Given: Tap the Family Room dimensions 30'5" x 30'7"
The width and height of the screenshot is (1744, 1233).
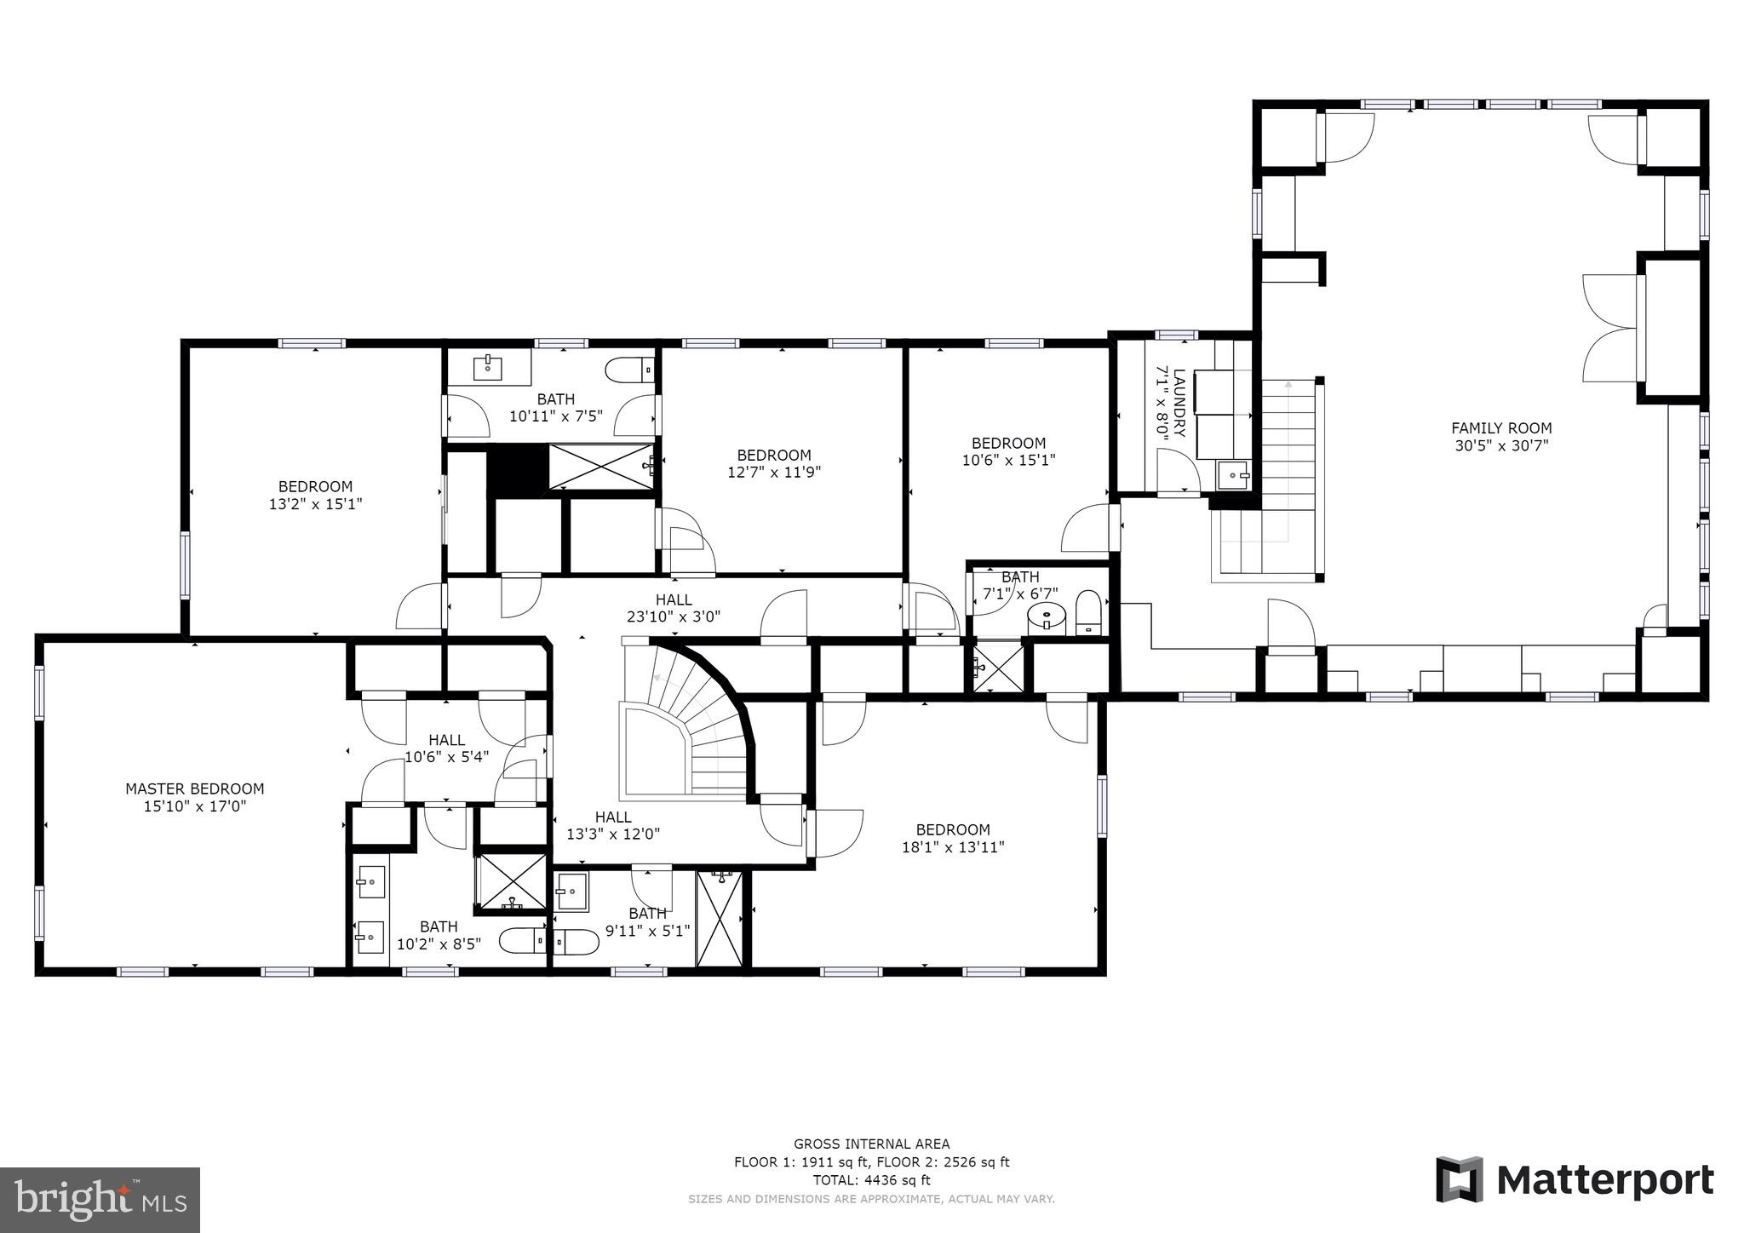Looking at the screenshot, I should [1501, 445].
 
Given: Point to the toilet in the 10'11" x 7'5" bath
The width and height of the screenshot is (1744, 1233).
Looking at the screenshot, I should [628, 371].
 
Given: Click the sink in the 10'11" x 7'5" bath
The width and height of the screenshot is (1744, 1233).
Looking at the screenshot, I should [488, 369].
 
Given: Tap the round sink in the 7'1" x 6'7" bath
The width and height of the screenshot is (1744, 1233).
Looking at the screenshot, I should [1046, 615].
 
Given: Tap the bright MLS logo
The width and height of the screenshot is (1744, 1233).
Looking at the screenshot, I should [100, 1200].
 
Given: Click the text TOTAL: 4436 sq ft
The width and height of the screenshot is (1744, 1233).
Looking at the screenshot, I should [871, 1180].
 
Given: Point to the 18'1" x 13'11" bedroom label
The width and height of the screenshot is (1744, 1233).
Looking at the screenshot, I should [953, 838].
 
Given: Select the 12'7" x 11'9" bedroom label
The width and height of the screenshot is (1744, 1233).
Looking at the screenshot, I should [773, 463].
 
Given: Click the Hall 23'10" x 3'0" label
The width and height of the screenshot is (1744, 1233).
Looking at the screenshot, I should [674, 608].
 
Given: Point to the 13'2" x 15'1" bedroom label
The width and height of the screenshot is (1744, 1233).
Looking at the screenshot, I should [315, 495].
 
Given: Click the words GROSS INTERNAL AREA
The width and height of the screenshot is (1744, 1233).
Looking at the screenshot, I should [871, 1144].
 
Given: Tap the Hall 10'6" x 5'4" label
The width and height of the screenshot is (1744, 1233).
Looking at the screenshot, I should [446, 748].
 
